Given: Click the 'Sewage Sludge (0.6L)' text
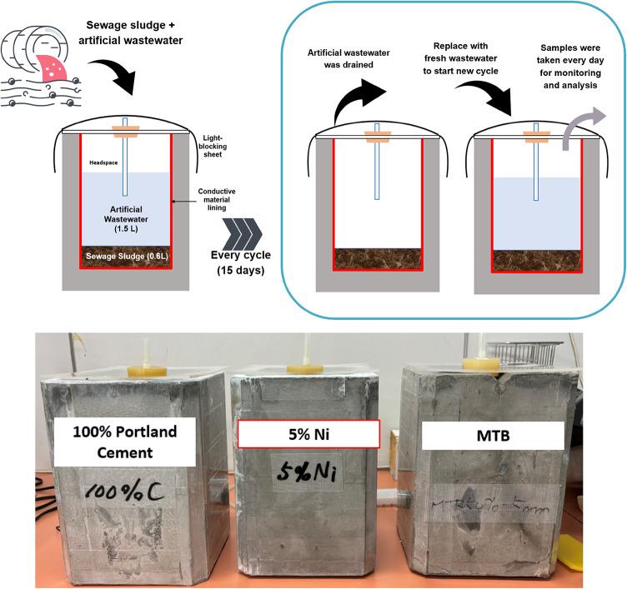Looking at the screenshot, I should coord(124,257).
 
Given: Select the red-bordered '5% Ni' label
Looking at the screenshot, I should coord(309,435).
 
